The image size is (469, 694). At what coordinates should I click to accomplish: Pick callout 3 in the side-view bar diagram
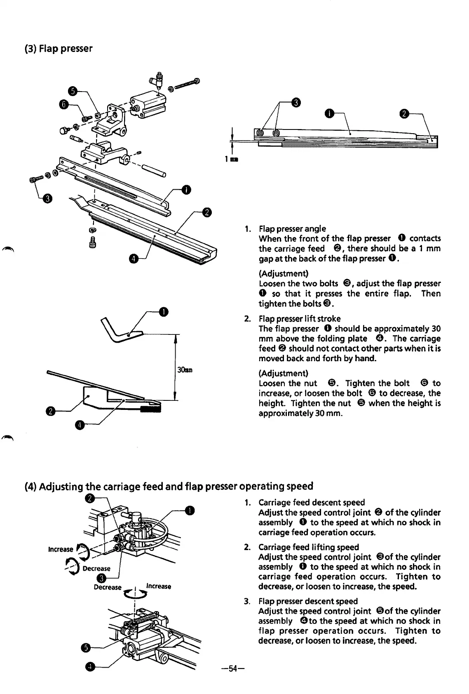(x=295, y=102)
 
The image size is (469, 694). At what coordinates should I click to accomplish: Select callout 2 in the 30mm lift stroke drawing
(x=51, y=412)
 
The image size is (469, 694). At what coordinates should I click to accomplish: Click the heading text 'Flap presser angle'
(x=292, y=228)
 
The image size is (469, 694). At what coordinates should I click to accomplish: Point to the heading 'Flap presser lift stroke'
(x=299, y=319)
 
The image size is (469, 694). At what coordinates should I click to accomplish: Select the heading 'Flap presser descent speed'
(x=308, y=601)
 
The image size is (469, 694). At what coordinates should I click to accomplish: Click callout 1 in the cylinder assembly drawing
(x=189, y=510)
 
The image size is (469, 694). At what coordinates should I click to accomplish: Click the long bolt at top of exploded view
(x=186, y=84)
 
